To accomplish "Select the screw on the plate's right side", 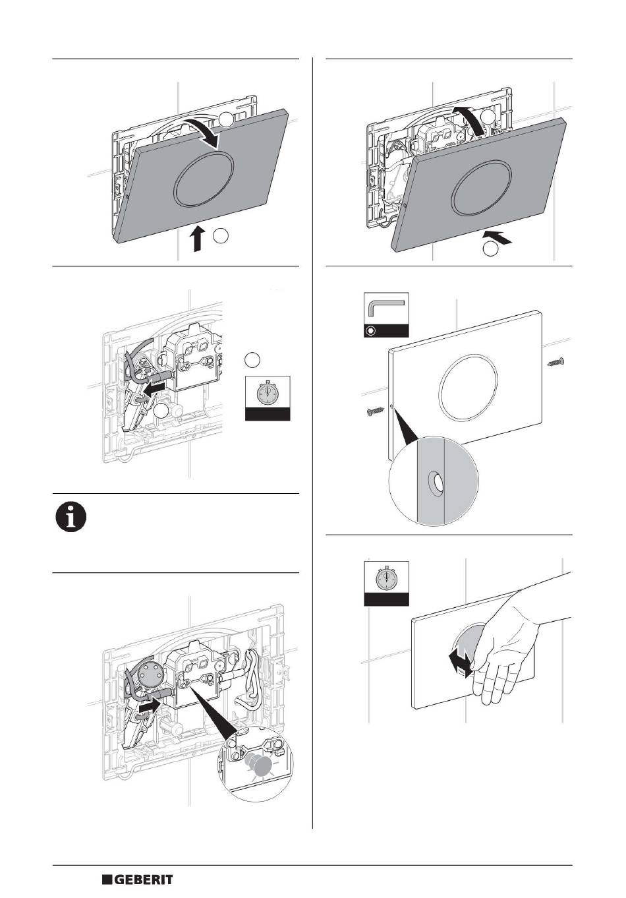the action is tap(555, 363).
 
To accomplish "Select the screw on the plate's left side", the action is tap(375, 411).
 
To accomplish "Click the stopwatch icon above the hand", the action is tap(386, 584).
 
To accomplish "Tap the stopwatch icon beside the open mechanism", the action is tap(268, 398).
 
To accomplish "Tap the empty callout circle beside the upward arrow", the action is tap(221, 236).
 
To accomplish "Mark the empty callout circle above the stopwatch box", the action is tap(252, 359).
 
